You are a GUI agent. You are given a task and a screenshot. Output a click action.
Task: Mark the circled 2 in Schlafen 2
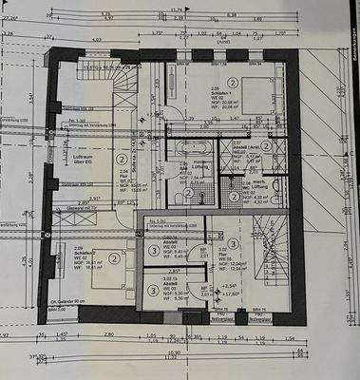tap(113, 256)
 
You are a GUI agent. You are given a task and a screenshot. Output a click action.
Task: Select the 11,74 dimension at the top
tap(176, 9)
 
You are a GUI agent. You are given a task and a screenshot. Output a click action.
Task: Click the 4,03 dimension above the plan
tap(95, 39)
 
